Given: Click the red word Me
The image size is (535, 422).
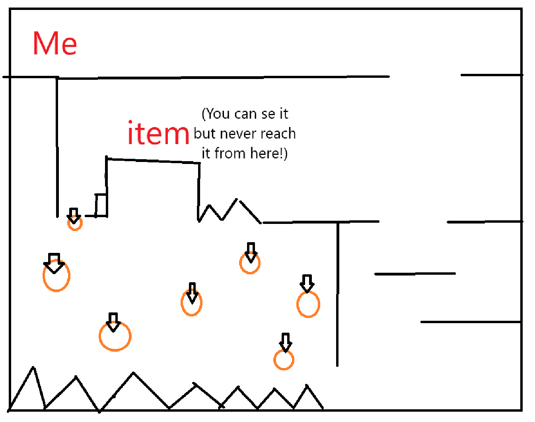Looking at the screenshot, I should click(x=55, y=43).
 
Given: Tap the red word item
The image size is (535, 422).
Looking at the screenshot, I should click(x=158, y=133).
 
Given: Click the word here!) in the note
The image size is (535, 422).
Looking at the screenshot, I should click(x=269, y=153).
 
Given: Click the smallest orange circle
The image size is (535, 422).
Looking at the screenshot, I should click(x=75, y=223).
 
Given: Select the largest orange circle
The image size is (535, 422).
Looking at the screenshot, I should click(x=115, y=336).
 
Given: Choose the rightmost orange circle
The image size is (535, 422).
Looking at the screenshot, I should click(x=308, y=304).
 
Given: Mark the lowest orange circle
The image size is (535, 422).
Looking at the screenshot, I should click(x=284, y=360).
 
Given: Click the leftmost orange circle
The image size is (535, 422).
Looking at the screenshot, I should click(x=56, y=276).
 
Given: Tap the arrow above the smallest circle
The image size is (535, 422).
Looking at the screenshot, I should click(x=74, y=215).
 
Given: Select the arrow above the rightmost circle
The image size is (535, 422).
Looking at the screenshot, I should click(x=307, y=283).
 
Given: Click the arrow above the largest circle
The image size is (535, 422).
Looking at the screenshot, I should click(x=113, y=322).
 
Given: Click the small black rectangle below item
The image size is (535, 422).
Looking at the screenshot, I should click(x=101, y=205).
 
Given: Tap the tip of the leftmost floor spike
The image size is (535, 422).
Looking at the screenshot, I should click(x=33, y=367).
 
